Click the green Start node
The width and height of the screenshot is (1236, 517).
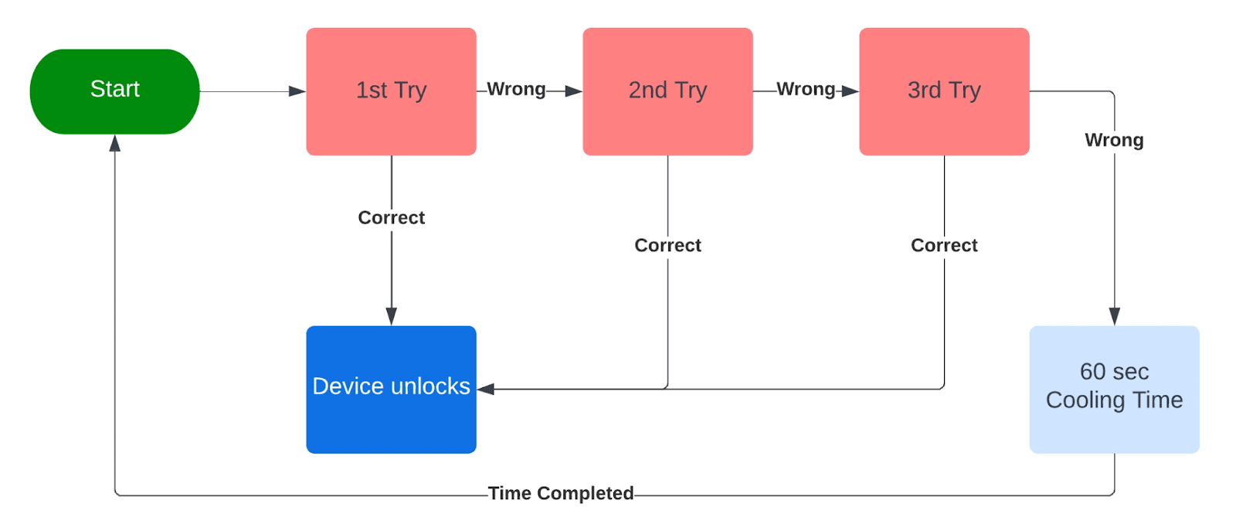point(114,91)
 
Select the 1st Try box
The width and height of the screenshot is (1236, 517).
point(391,91)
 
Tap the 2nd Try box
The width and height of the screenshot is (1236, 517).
point(667,91)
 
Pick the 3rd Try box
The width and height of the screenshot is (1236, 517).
point(944,91)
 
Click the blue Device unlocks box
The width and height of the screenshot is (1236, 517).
point(391,389)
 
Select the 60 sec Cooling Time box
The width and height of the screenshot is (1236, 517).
point(1114,389)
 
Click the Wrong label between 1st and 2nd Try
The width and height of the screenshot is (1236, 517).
point(516,90)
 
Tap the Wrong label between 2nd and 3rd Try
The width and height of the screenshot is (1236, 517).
point(806,90)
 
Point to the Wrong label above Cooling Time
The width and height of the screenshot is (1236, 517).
point(1114,141)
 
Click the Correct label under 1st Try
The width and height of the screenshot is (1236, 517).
point(391,218)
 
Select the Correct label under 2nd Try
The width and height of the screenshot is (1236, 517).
point(667,246)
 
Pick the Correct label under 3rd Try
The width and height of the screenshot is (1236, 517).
point(944,246)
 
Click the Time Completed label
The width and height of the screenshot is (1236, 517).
point(561,493)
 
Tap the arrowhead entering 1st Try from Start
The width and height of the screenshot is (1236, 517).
point(297,91)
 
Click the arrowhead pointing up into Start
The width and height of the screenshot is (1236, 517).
point(115,144)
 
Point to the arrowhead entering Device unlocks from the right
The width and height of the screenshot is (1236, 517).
point(486,389)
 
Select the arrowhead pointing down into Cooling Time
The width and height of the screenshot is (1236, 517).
point(1114,316)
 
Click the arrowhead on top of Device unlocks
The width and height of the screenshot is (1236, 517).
point(391,316)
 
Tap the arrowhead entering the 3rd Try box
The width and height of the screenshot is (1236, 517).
point(850,91)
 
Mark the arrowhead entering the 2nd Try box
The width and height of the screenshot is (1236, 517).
point(573,91)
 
